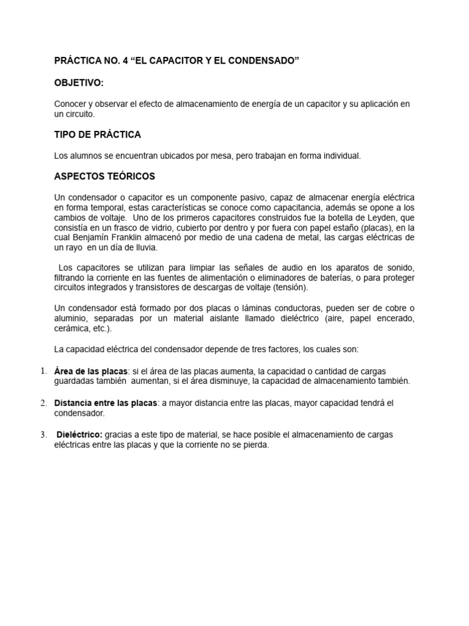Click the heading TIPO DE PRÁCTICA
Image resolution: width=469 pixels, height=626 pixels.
[97, 134]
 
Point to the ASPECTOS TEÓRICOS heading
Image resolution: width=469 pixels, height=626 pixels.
[105, 177]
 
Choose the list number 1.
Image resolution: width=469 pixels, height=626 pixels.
[43, 371]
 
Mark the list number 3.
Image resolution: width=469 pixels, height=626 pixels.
[43, 434]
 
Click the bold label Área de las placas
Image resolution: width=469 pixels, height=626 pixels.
[91, 371]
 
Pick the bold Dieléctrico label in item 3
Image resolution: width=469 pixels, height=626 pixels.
[79, 435]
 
